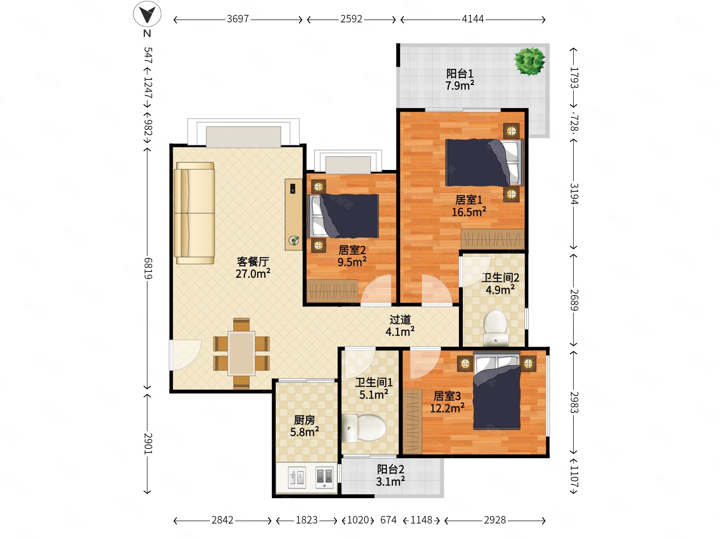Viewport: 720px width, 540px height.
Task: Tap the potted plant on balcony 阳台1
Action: click(x=530, y=61)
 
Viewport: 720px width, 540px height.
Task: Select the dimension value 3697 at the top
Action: click(x=238, y=19)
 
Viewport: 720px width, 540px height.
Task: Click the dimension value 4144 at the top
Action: click(x=473, y=19)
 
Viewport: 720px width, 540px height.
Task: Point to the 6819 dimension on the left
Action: click(x=148, y=269)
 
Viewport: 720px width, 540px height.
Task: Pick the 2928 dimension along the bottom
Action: click(x=495, y=520)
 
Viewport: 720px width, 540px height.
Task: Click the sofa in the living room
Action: click(x=194, y=213)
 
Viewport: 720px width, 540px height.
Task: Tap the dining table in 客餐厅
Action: click(x=241, y=353)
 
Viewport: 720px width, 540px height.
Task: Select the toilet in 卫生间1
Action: click(x=364, y=428)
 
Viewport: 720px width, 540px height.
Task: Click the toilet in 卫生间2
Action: click(x=496, y=328)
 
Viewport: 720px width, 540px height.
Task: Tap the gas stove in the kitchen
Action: click(x=325, y=477)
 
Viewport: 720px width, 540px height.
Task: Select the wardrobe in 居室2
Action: click(x=332, y=291)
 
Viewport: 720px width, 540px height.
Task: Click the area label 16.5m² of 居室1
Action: click(x=469, y=212)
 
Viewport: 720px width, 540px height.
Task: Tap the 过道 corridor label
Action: click(x=400, y=320)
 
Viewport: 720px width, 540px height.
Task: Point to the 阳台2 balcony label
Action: click(x=390, y=469)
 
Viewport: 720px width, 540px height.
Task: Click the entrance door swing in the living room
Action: click(x=185, y=355)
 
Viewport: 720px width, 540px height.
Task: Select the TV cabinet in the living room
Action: click(x=294, y=214)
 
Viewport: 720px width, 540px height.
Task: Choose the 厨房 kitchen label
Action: click(x=304, y=420)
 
